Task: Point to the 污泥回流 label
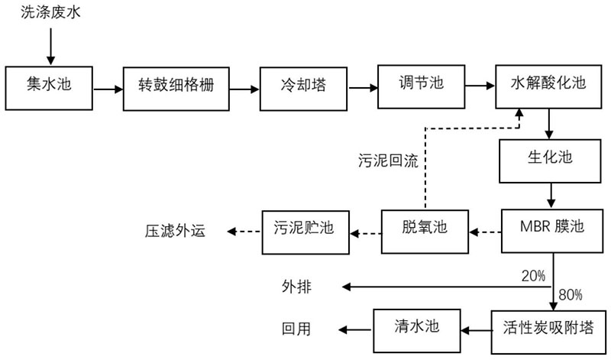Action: point(389,161)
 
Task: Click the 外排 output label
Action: point(296,287)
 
